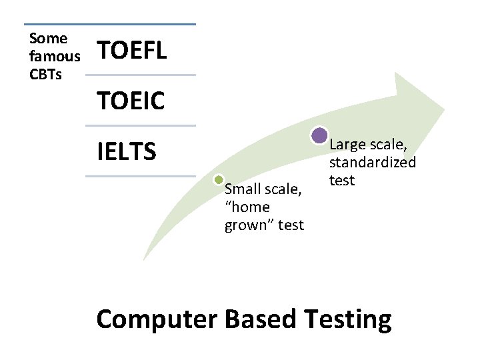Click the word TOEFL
(x=132, y=50)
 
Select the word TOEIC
(x=131, y=101)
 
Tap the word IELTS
(x=127, y=151)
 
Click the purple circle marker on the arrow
(x=319, y=136)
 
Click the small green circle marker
(x=218, y=179)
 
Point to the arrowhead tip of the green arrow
(x=443, y=107)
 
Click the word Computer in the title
(x=157, y=319)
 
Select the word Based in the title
(x=261, y=319)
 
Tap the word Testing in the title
(x=347, y=319)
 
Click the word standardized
(x=372, y=162)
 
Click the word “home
(x=247, y=207)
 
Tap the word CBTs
(x=46, y=74)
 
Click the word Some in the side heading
(x=48, y=39)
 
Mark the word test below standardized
(x=342, y=180)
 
